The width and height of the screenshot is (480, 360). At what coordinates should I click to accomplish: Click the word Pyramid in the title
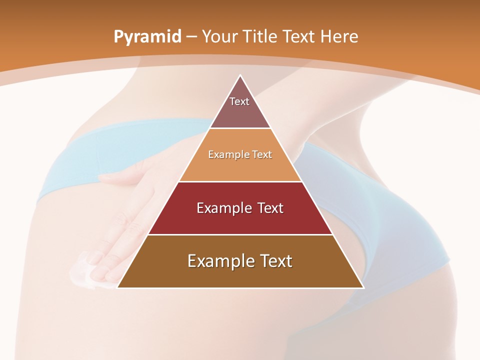[x=147, y=37]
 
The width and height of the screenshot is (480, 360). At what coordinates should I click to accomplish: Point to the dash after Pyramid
[x=191, y=37]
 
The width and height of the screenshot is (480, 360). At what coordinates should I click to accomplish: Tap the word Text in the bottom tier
[x=274, y=261]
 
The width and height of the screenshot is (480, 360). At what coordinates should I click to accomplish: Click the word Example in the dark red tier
[x=222, y=208]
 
